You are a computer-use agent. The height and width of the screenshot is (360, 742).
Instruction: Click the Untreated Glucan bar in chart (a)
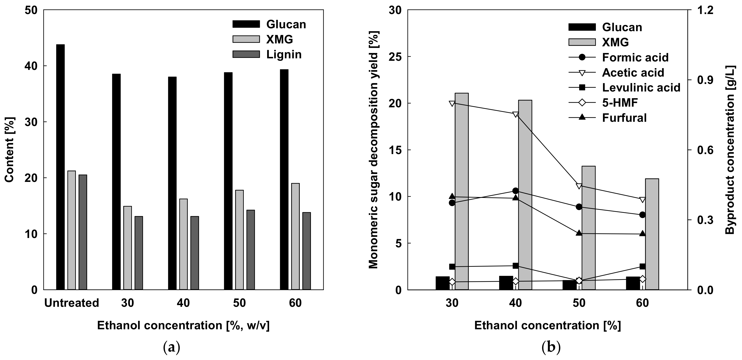pyautogui.click(x=60, y=167)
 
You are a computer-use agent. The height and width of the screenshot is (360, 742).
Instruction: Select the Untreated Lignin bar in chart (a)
pyautogui.click(x=83, y=232)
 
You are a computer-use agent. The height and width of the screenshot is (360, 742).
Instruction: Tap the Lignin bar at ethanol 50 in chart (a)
pyautogui.click(x=251, y=250)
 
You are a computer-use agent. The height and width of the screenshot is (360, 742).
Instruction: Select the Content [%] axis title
pyautogui.click(x=10, y=150)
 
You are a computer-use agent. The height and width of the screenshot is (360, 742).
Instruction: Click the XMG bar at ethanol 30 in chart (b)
pyautogui.click(x=462, y=191)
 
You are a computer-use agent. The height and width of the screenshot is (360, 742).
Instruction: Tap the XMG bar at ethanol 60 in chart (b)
pyautogui.click(x=652, y=234)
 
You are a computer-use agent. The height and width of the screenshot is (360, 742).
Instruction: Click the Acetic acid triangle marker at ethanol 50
pyautogui.click(x=579, y=186)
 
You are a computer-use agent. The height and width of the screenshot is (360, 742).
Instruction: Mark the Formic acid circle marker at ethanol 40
pyautogui.click(x=516, y=191)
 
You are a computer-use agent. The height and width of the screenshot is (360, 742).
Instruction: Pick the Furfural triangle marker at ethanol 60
pyautogui.click(x=642, y=234)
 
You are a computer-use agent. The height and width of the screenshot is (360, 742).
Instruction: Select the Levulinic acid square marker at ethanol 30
pyautogui.click(x=452, y=267)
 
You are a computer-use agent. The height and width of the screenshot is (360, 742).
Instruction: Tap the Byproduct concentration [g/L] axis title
pyautogui.click(x=730, y=150)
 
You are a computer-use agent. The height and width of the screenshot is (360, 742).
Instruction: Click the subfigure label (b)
pyautogui.click(x=551, y=348)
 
